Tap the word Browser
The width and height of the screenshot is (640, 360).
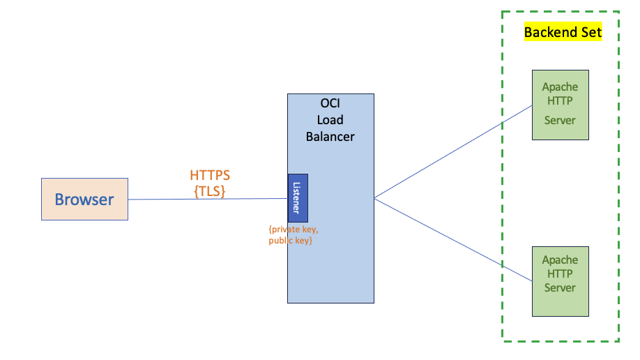pyautogui.click(x=84, y=200)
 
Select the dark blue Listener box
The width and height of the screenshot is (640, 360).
pyautogui.click(x=298, y=198)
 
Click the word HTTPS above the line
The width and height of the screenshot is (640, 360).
pyautogui.click(x=210, y=175)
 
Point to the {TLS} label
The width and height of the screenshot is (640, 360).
pyautogui.click(x=210, y=190)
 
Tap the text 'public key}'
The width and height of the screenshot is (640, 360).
pyautogui.click(x=290, y=241)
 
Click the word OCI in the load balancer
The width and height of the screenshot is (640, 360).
pyautogui.click(x=330, y=103)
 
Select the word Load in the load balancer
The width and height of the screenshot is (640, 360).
pyautogui.click(x=330, y=120)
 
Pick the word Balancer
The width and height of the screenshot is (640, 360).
pyautogui.click(x=330, y=137)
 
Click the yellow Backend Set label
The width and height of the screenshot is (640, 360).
pyautogui.click(x=562, y=32)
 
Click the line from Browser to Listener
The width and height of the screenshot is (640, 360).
pyautogui.click(x=209, y=199)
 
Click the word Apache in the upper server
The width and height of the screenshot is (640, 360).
pyautogui.click(x=560, y=87)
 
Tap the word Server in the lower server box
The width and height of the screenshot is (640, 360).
pyautogui.click(x=560, y=287)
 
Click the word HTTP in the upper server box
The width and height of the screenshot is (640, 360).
pyautogui.click(x=560, y=101)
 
